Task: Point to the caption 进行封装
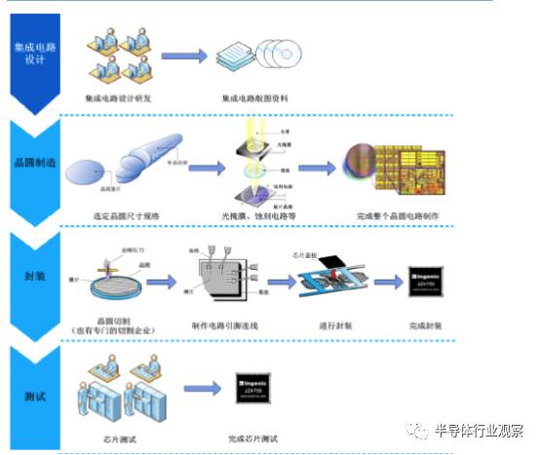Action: pos(333,324)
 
